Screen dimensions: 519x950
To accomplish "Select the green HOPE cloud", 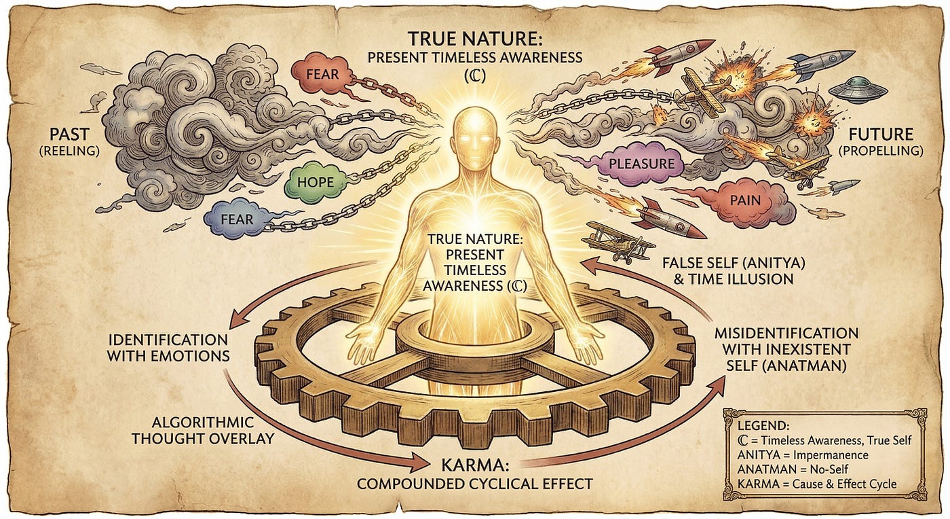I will tap(314, 183).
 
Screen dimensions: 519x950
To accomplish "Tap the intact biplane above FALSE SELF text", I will tap(618, 238).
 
